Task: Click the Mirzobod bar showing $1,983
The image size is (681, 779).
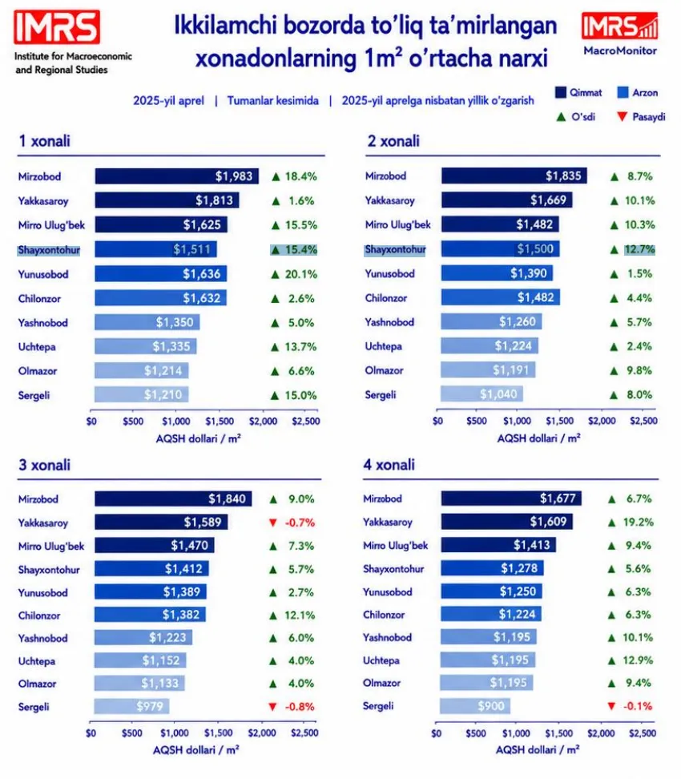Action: [x=177, y=176]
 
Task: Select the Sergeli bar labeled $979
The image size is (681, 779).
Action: [x=131, y=706]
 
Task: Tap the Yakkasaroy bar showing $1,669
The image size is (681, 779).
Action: [x=506, y=200]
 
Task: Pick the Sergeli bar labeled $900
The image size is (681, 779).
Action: [x=475, y=706]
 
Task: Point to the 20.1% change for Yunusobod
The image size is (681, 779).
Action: [x=300, y=274]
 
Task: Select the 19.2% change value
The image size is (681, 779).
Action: [x=639, y=523]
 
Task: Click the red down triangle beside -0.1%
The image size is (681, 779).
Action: [x=611, y=706]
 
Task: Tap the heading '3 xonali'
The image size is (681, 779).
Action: [x=45, y=465]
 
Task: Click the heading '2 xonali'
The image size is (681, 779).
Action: [x=393, y=141]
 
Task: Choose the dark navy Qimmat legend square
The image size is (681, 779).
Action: [x=561, y=92]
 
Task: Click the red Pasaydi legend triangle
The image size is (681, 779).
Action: [x=622, y=117]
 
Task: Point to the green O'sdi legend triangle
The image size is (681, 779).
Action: [x=562, y=117]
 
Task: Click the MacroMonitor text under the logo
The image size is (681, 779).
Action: [x=620, y=50]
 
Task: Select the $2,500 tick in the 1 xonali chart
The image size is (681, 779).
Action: [x=306, y=422]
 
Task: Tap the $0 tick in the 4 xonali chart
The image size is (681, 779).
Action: [x=436, y=733]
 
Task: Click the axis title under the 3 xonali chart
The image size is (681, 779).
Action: [x=195, y=750]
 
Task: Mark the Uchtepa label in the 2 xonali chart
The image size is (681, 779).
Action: [x=384, y=346]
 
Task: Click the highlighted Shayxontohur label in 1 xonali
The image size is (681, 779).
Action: [x=49, y=250]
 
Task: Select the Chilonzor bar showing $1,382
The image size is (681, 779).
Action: [x=150, y=615]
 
